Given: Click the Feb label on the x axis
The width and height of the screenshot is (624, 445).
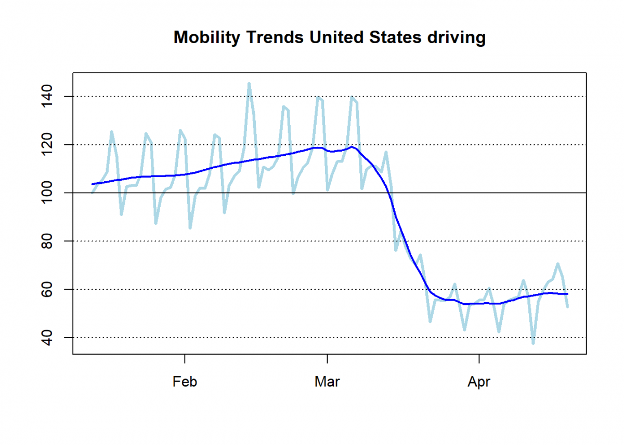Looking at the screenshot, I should [x=185, y=382].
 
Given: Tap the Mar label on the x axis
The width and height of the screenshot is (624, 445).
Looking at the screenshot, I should [x=327, y=382].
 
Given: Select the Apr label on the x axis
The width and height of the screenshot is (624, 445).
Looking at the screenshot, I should [x=479, y=382].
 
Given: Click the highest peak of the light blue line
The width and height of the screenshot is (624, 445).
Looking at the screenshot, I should [x=249, y=83].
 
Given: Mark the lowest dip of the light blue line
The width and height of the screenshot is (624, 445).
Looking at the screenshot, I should [x=533, y=343].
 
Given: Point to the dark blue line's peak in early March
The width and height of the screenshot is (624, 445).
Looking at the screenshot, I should [x=352, y=146].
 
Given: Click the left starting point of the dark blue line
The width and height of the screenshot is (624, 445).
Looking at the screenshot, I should [x=93, y=184].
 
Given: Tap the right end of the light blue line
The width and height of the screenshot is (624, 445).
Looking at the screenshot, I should [x=567, y=307].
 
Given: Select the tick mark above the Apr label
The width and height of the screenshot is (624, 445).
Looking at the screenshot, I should [x=479, y=358].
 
